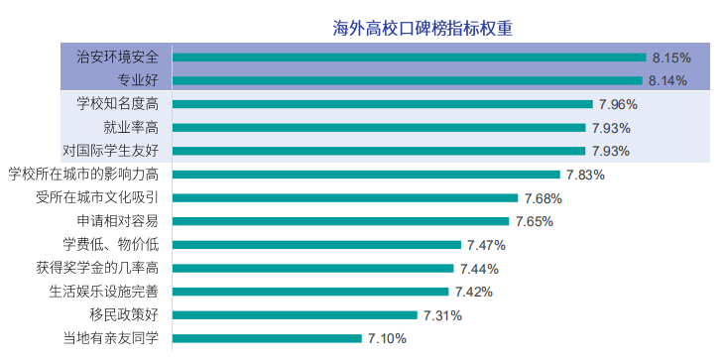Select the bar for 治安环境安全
(x=410, y=58)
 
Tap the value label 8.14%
(x=667, y=81)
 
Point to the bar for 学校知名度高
(x=382, y=104)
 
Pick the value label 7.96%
(x=616, y=104)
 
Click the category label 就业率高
(x=131, y=128)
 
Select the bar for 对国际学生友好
(x=379, y=152)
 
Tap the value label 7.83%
(x=585, y=175)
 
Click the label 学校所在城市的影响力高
(x=83, y=175)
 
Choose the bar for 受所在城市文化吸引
(x=345, y=198)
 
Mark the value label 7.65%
(x=534, y=221)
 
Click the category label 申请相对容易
(x=117, y=221)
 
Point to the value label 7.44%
(x=478, y=269)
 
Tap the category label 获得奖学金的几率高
(x=97, y=269)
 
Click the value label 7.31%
(x=442, y=315)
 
